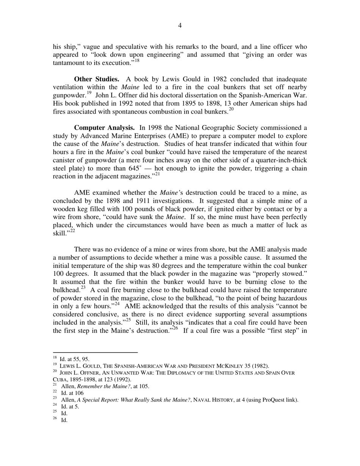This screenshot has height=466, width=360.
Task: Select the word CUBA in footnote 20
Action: point(59,380)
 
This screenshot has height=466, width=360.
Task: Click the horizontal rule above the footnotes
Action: point(95,352)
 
